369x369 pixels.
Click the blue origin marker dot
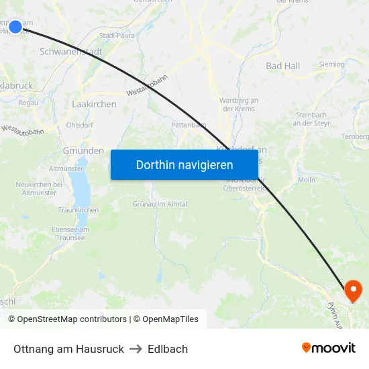15,27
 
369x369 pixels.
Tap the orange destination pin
352,291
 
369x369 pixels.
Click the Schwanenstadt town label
70,51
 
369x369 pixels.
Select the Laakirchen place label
94,104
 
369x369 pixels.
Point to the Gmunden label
83,151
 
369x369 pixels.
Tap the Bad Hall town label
282,66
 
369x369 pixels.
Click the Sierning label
331,64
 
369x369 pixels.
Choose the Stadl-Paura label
117,35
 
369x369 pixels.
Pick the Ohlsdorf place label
79,125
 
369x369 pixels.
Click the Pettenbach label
189,125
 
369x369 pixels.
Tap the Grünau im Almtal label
160,204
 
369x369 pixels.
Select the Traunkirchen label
78,210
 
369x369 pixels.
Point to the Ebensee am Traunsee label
70,233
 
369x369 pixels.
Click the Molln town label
306,180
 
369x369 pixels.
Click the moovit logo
328,348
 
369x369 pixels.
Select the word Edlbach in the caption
168,349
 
